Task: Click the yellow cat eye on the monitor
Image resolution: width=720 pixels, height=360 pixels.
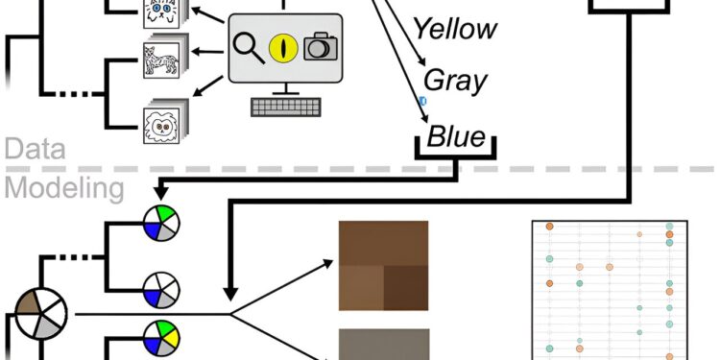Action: tap(282, 45)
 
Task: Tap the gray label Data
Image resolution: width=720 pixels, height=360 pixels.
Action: tap(35, 148)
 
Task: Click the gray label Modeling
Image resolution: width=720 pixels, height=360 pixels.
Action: tap(62, 188)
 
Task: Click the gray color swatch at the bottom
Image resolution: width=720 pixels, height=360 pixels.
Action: tap(383, 345)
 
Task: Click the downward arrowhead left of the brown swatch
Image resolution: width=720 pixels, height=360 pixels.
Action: tap(229, 290)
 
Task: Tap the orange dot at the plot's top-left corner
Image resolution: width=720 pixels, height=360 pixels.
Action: tap(549, 227)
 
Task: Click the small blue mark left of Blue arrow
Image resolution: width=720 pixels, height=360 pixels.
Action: tap(422, 100)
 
